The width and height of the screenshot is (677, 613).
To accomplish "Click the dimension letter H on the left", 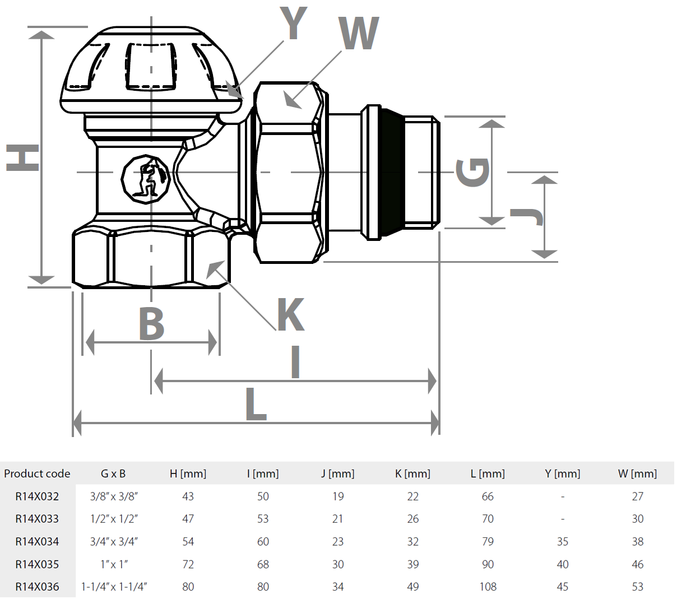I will pyautogui.click(x=23, y=157).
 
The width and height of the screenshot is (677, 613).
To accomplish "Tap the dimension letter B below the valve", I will pyautogui.click(x=152, y=323).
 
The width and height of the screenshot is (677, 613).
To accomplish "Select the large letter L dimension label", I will pyautogui.click(x=256, y=404).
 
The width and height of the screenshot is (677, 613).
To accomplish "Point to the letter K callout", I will pyautogui.click(x=291, y=315).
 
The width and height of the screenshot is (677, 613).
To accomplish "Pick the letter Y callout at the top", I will pyautogui.click(x=294, y=24).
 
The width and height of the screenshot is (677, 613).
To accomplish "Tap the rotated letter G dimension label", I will pyautogui.click(x=473, y=172).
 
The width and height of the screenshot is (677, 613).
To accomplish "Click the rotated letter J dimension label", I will pyautogui.click(x=527, y=216).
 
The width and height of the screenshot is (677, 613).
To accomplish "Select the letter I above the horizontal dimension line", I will pyautogui.click(x=296, y=362).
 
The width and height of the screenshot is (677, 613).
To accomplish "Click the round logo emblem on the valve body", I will pyautogui.click(x=146, y=179).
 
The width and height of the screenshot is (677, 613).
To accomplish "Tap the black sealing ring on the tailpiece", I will pyautogui.click(x=392, y=172).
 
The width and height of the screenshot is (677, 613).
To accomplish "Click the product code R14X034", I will pyautogui.click(x=37, y=542).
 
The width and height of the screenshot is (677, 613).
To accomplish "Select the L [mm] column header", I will pyautogui.click(x=488, y=474).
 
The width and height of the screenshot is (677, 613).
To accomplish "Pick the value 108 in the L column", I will pyautogui.click(x=488, y=587).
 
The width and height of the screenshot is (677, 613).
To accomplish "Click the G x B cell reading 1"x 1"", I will pyautogui.click(x=114, y=564).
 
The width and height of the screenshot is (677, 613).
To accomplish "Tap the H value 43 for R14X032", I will pyautogui.click(x=188, y=496).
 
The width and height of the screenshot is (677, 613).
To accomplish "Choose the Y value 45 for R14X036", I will pyautogui.click(x=563, y=587).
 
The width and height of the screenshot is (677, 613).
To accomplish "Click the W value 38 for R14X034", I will pyautogui.click(x=638, y=542).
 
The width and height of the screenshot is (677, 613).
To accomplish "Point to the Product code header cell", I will pyautogui.click(x=37, y=474).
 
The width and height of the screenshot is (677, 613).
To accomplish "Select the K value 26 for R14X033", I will pyautogui.click(x=413, y=519).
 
